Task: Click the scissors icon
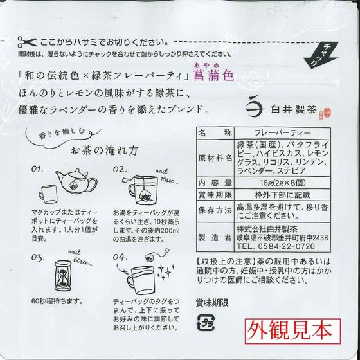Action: (x=27, y=42)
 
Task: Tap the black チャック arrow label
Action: (x=321, y=55)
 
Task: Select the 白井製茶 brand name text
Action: (x=294, y=109)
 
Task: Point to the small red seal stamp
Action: (x=325, y=114)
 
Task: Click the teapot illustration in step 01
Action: (x=76, y=181)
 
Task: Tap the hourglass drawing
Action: (x=63, y=275)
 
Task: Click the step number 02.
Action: (x=120, y=170)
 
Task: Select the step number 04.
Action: (x=120, y=256)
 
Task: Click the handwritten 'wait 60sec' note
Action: (x=80, y=258)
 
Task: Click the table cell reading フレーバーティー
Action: (x=282, y=133)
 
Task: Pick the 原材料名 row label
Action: (x=215, y=158)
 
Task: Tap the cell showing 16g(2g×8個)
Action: (x=283, y=183)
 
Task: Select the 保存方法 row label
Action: (x=215, y=211)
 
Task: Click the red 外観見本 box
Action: (x=292, y=331)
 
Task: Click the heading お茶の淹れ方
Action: (x=105, y=151)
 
